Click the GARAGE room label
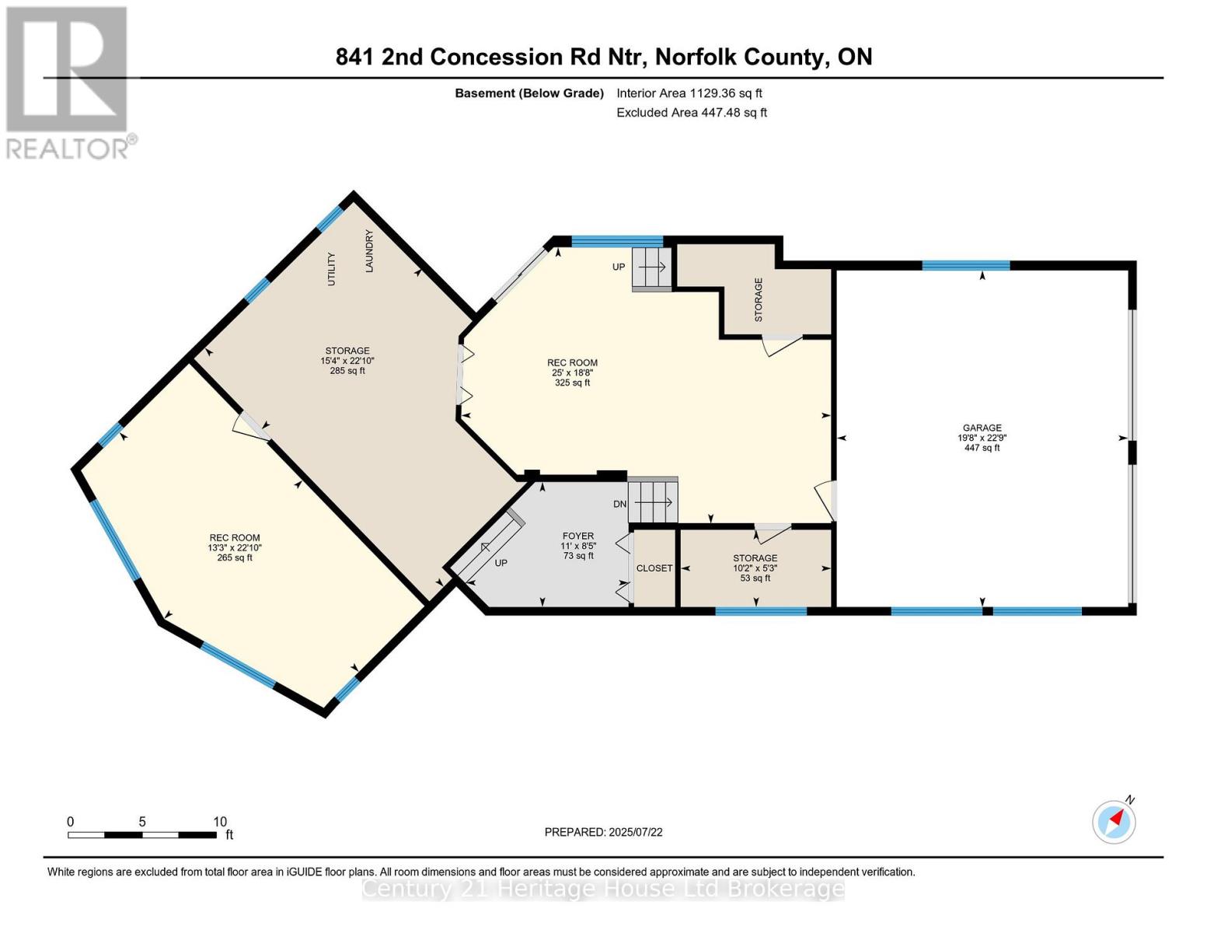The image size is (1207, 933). point(982,428)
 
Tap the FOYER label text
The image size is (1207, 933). point(577,536)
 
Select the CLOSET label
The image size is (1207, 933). point(654,568)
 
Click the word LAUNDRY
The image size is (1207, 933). point(369,251)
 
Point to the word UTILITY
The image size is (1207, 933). point(331,269)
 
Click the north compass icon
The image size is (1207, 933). point(1114,821)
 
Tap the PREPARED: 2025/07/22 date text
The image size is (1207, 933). point(603,832)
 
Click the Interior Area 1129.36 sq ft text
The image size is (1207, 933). point(689,93)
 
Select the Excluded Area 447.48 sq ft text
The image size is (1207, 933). point(691,113)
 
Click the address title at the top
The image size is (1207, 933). point(603,57)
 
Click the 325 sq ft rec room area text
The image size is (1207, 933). point(572,383)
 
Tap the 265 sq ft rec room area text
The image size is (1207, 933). point(234,557)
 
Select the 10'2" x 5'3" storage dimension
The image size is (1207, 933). point(755,568)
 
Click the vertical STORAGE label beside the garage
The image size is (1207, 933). point(759,299)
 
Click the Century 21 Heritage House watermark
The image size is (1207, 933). point(603,888)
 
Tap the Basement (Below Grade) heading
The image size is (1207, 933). point(528,93)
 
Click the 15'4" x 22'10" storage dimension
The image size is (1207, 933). point(347,361)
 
